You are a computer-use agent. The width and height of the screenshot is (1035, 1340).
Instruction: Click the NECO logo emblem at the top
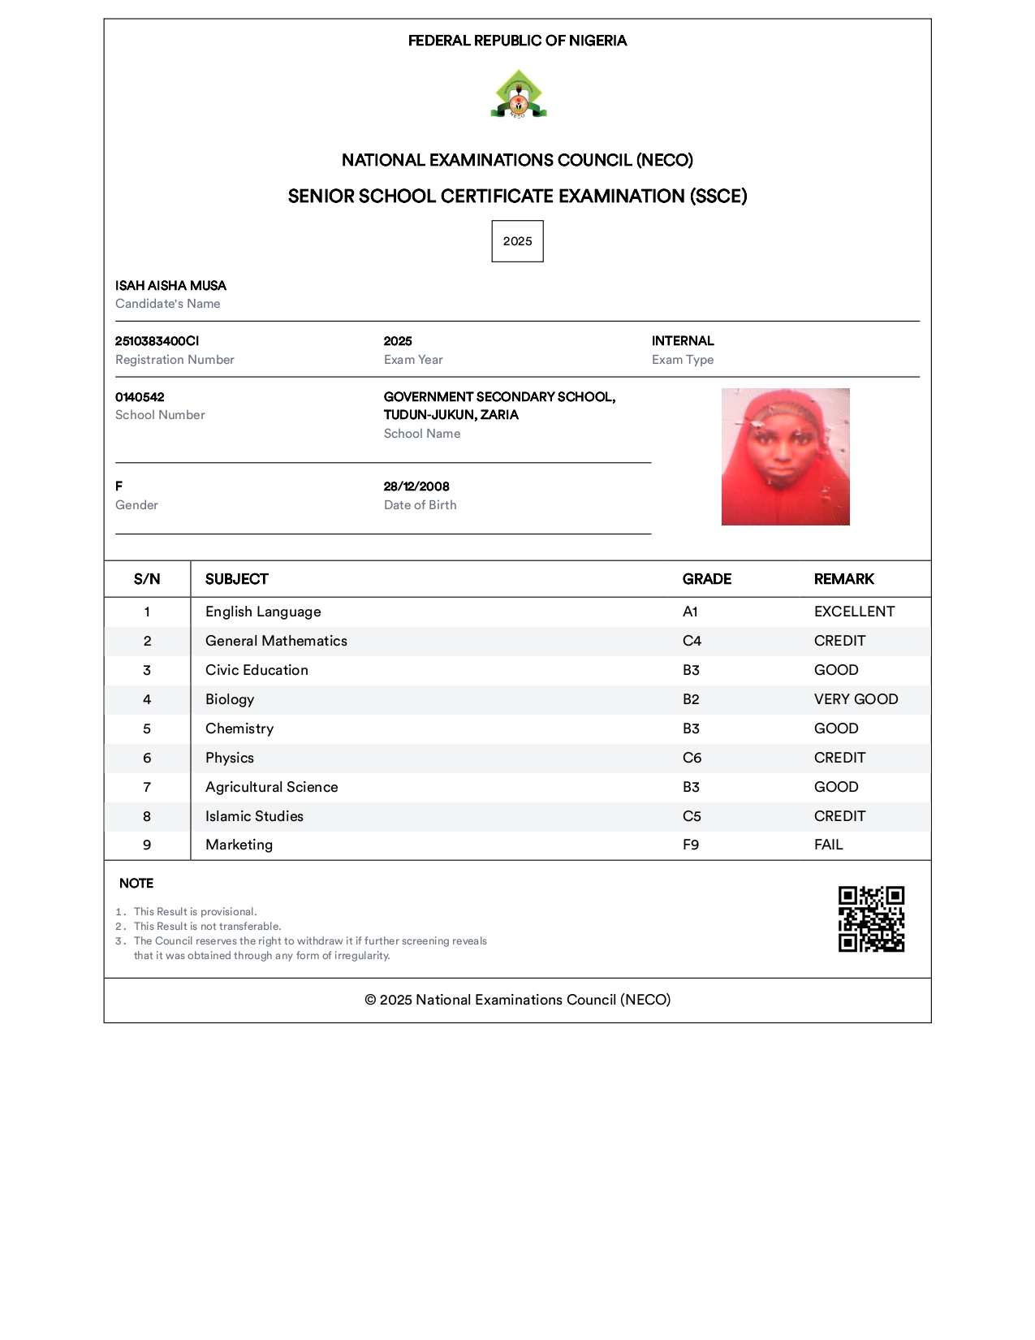coord(518,94)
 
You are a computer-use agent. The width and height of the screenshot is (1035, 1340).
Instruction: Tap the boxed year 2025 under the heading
coord(517,241)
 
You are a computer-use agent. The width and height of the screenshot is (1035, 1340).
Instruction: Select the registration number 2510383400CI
coord(157,341)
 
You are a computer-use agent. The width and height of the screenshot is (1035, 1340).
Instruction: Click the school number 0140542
coord(140,397)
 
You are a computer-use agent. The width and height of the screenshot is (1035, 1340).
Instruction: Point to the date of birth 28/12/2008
coord(416,486)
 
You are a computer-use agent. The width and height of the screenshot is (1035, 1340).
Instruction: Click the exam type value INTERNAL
coord(683,341)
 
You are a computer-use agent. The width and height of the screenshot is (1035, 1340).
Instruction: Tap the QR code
coord(871,919)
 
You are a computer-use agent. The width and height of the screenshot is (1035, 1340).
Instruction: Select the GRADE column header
coord(706,579)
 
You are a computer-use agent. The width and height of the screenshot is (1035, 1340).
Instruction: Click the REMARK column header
coord(843,579)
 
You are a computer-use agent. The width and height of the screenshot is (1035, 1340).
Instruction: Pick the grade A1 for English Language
coord(690,612)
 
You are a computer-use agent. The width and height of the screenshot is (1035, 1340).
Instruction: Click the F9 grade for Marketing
coord(690,845)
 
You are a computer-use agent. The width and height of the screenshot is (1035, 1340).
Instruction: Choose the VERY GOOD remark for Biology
coord(856,699)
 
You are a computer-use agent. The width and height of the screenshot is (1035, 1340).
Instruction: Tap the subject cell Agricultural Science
coord(271,787)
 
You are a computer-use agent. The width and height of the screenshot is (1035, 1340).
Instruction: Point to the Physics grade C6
coord(692,758)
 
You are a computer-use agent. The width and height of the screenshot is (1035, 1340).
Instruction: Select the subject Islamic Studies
coord(254,816)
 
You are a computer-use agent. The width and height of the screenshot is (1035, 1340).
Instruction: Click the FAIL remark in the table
coord(828,845)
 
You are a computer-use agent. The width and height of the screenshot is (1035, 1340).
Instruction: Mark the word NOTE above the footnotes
coord(136,884)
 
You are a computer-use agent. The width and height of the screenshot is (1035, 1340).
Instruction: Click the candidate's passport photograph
coord(785,456)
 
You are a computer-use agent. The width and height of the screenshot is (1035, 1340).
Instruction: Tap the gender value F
coord(119,486)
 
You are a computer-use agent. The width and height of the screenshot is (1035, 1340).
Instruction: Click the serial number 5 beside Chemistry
coord(147,728)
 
